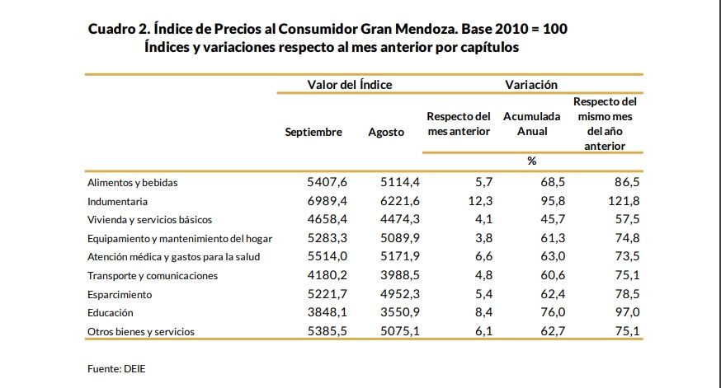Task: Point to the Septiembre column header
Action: [313, 132]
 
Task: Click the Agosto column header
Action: [386, 132]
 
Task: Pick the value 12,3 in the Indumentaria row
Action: [480, 201]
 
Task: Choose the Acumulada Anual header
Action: [532, 124]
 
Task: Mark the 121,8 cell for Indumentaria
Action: [623, 201]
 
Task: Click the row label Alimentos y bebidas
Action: [132, 183]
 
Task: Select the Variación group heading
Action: [531, 85]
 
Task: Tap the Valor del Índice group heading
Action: [350, 85]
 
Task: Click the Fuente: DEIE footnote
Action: [111, 370]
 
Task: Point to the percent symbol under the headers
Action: [532, 161]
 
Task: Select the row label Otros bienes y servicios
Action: [140, 332]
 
